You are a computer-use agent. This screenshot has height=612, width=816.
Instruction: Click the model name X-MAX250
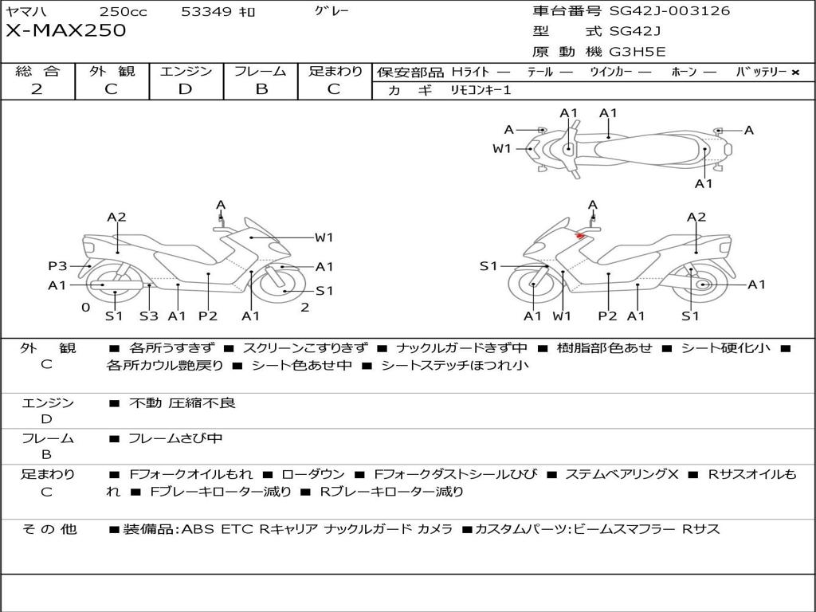(x=66, y=31)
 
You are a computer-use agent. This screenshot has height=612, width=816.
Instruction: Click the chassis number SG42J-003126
(x=669, y=11)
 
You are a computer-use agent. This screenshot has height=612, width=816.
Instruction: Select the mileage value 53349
(x=206, y=12)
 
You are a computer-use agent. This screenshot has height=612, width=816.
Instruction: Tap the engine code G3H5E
(x=637, y=52)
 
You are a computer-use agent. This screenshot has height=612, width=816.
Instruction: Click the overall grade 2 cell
(x=37, y=89)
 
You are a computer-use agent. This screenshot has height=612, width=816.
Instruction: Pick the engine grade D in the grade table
(x=186, y=89)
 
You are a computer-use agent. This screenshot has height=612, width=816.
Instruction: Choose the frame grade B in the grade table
(x=261, y=89)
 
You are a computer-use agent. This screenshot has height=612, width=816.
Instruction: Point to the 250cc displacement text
(x=124, y=12)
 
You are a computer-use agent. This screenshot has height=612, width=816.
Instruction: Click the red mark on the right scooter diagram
(x=581, y=235)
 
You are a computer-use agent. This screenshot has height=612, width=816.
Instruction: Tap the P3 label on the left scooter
(x=57, y=266)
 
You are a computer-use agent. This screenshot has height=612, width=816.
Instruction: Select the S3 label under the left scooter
(x=148, y=316)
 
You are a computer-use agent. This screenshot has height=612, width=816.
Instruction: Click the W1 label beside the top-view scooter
(x=501, y=148)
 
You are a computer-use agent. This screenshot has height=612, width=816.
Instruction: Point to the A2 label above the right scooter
(x=696, y=217)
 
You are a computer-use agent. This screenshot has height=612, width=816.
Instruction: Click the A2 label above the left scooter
(x=116, y=217)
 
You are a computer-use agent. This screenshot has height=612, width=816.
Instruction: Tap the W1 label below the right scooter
(x=563, y=316)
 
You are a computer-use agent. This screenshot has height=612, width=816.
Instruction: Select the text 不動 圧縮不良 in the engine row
(x=182, y=403)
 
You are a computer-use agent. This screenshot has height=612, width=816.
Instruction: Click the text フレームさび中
(x=175, y=438)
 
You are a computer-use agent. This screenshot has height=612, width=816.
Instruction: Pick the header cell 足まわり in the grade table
(x=335, y=71)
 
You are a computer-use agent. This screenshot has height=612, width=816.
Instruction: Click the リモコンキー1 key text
(x=481, y=90)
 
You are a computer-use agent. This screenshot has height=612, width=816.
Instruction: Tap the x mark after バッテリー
(x=794, y=72)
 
